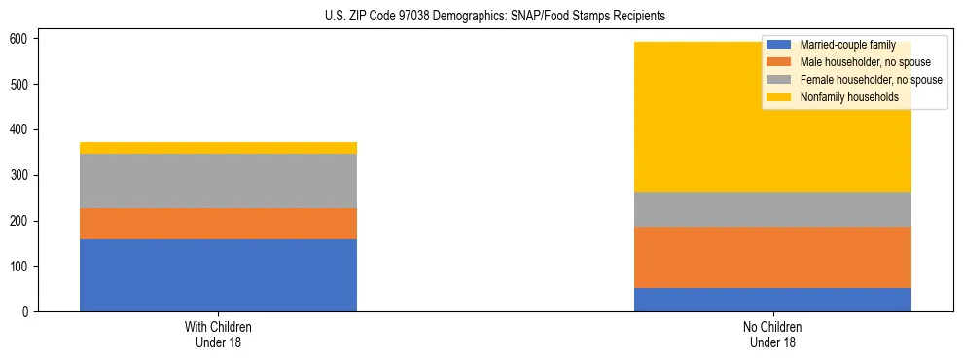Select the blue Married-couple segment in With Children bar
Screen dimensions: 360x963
(x=218, y=275)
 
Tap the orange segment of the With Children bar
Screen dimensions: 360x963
(x=218, y=224)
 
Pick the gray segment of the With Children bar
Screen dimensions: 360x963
(x=218, y=181)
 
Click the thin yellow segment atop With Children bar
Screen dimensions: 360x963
(x=218, y=148)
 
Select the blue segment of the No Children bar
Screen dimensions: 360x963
(x=772, y=300)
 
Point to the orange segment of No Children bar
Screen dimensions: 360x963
(x=772, y=258)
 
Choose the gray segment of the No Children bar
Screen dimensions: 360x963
(x=772, y=209)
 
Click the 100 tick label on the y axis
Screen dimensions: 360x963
(x=21, y=267)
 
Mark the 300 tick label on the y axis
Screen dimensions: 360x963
(x=21, y=175)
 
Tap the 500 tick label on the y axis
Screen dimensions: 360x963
(x=21, y=85)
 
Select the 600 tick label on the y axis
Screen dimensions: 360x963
(x=21, y=39)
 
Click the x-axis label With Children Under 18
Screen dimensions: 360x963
(x=218, y=335)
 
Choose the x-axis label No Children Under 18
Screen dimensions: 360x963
(x=772, y=335)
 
